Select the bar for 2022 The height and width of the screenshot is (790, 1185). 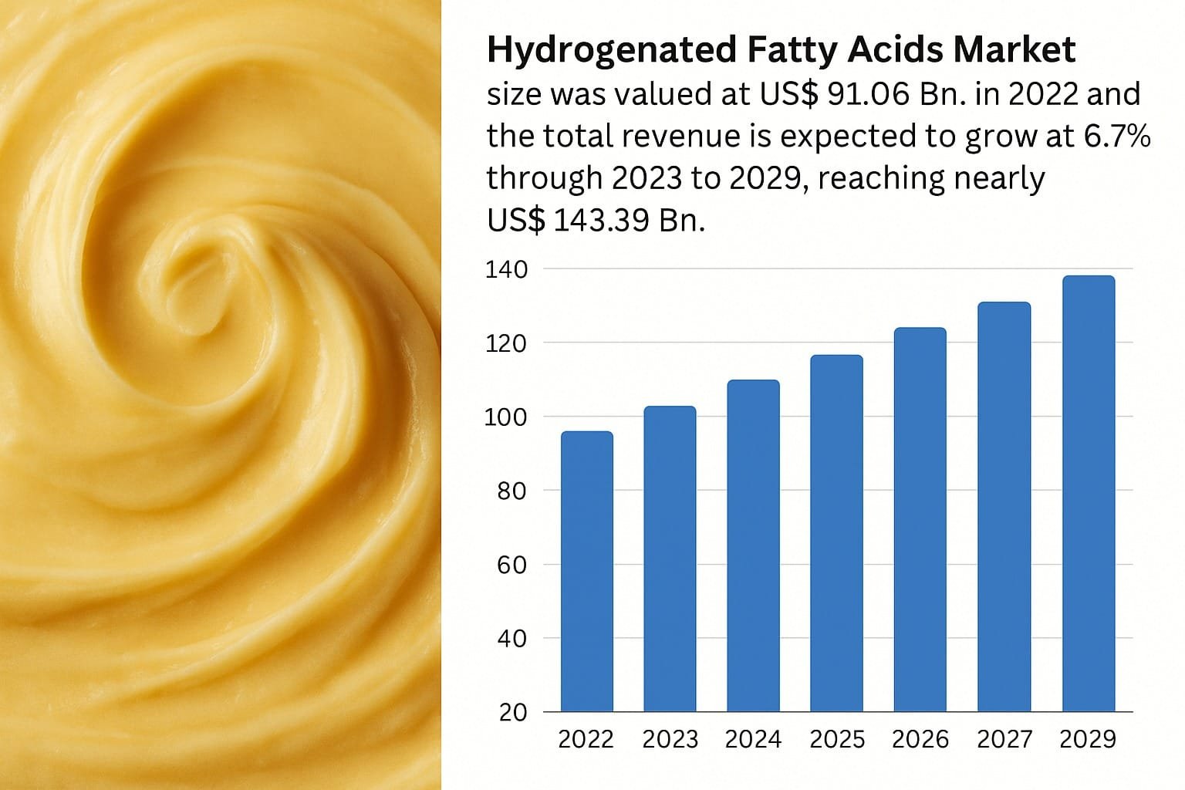[586, 571]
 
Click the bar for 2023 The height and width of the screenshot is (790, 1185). [670, 559]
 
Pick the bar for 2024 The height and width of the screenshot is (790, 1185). [753, 545]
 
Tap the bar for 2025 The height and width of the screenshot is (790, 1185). [836, 533]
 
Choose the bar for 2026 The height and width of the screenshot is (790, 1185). [920, 519]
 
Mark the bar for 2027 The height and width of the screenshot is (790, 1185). [1004, 506]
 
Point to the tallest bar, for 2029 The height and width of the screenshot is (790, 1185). [1088, 493]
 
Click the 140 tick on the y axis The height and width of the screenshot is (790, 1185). [506, 270]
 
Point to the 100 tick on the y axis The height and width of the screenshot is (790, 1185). [506, 417]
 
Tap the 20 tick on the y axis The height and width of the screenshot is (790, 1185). [512, 712]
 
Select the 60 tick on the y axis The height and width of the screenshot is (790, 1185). [512, 565]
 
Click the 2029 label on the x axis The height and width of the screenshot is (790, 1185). [1088, 739]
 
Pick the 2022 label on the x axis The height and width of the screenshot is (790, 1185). [586, 739]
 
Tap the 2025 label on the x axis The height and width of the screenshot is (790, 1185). [837, 739]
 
